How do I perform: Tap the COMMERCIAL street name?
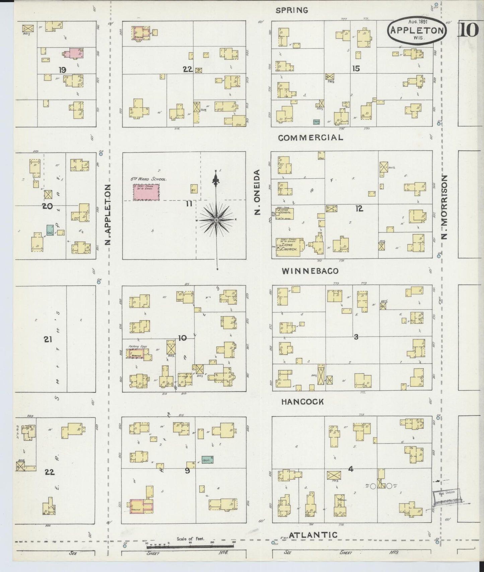click(310, 138)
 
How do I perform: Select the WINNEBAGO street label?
click(310, 271)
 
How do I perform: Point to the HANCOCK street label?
click(302, 402)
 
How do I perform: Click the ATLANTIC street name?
click(313, 535)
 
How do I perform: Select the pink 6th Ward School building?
click(146, 192)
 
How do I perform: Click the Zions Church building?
click(289, 248)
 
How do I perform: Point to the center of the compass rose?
click(217, 220)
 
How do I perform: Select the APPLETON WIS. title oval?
click(417, 29)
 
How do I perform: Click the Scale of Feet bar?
click(190, 546)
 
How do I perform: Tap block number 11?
click(189, 203)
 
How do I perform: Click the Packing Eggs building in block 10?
click(136, 354)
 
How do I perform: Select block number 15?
click(356, 68)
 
